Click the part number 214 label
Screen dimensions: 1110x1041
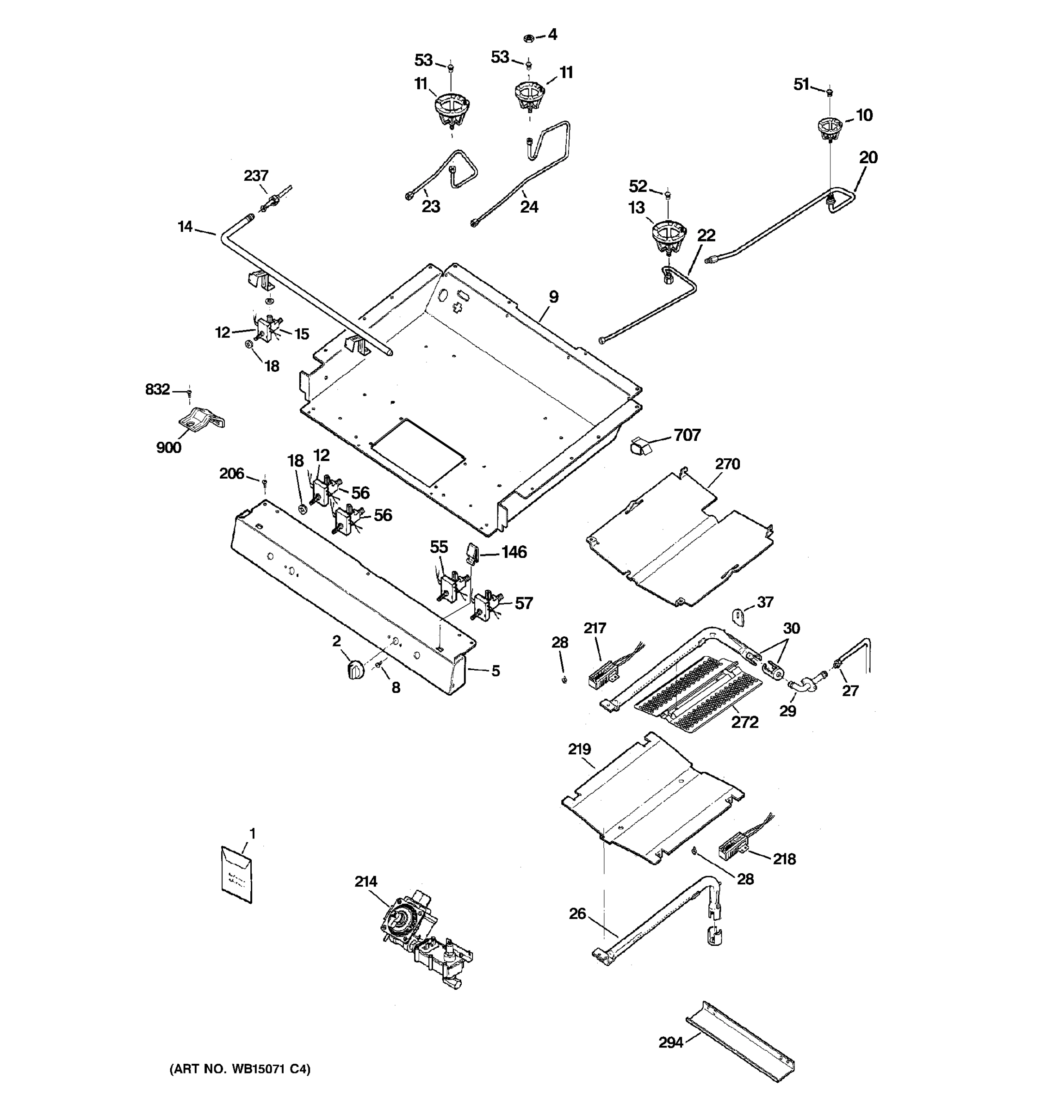click(366, 881)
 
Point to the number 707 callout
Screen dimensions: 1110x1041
click(687, 435)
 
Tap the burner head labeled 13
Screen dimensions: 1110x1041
click(668, 237)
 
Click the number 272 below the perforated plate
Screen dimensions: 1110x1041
click(745, 722)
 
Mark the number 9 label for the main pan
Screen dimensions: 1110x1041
click(553, 297)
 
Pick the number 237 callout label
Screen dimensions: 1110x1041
click(256, 176)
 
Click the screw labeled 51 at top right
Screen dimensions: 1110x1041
click(830, 92)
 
